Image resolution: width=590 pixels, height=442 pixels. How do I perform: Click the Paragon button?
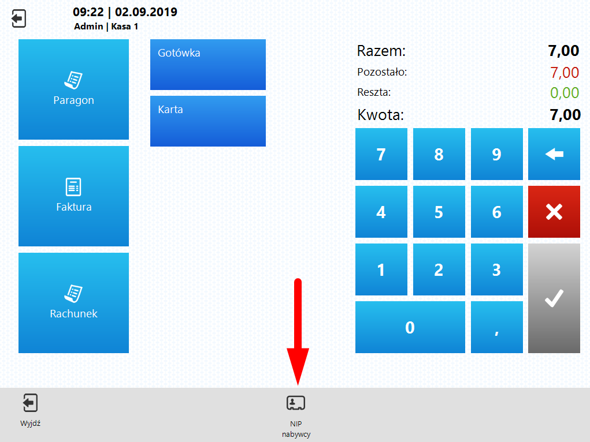pos(73,89)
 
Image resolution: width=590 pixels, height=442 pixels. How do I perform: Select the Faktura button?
pos(73,196)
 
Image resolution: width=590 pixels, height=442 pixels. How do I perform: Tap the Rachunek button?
pos(73,303)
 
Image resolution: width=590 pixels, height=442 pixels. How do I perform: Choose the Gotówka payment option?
pos(208,65)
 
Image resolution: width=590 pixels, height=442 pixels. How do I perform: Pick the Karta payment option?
pos(208,121)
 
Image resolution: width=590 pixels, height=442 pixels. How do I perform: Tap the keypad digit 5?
pos(439,212)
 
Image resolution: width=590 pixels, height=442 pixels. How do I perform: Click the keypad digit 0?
pos(410,327)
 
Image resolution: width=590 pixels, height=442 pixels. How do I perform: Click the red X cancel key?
pos(554,212)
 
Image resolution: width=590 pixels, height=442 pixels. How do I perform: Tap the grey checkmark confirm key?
pos(554,298)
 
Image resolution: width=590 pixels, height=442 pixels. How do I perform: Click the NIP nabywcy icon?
pos(296,403)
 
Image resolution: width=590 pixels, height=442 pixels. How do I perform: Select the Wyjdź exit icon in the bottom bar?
pos(30,403)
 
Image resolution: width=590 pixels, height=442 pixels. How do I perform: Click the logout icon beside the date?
pos(18,19)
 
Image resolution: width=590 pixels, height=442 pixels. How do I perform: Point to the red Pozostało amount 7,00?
pos(565,73)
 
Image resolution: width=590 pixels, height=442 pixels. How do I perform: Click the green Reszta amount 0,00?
pos(565,92)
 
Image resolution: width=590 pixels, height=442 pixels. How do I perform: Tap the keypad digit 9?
pos(496,154)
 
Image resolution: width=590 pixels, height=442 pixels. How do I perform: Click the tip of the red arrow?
pos(298,384)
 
